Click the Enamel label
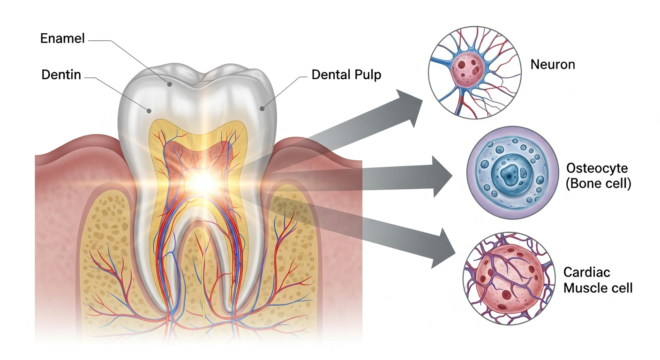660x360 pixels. (62, 38)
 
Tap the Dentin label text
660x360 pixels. (61, 75)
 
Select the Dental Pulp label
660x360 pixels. (346, 75)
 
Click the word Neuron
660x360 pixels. (552, 64)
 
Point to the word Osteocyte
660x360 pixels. (596, 168)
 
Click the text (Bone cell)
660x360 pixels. (598, 184)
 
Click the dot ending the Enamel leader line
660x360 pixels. (170, 85)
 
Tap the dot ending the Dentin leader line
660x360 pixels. (149, 111)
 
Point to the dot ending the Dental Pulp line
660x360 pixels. (262, 109)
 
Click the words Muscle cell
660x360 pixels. (598, 287)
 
